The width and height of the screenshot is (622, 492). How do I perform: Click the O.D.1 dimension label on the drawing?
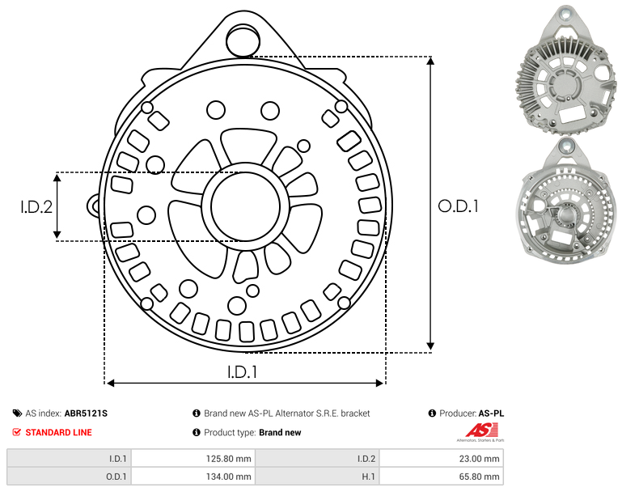point(458,206)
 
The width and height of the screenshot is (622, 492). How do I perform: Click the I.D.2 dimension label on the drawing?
point(36,206)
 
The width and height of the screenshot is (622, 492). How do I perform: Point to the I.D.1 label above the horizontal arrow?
point(242,371)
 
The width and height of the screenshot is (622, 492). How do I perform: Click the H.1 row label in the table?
point(369,476)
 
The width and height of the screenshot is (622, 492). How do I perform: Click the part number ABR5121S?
point(86,414)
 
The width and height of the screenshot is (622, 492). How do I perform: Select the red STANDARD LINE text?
point(59,432)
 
